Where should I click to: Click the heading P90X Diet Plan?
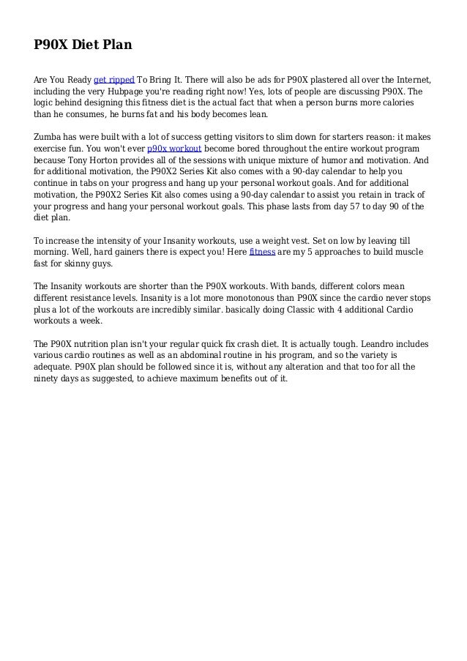(83, 46)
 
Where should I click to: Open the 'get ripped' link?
(113, 79)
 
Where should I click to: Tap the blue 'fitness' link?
(262, 253)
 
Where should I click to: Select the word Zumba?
(50, 137)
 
